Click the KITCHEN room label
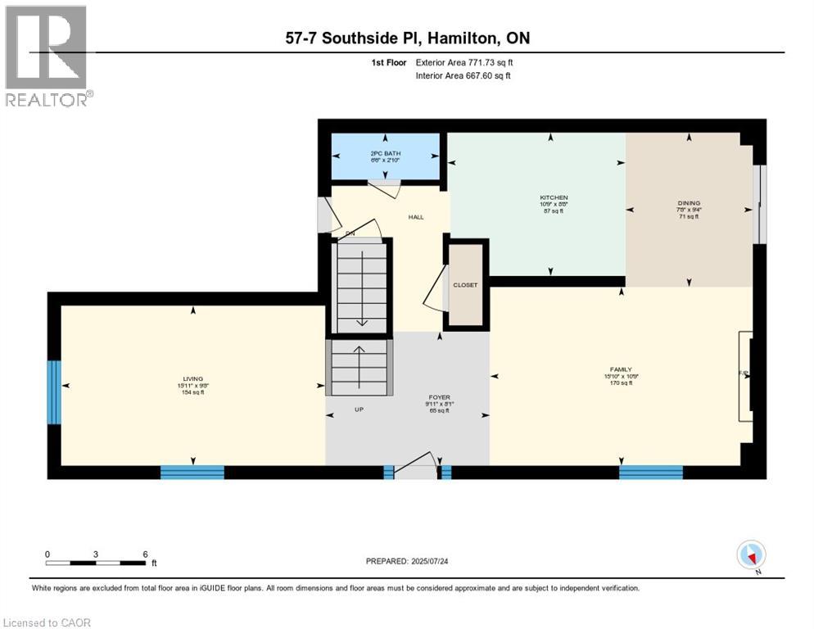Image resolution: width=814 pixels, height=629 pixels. pos(554,197)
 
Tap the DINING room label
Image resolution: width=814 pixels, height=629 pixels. pos(689,202)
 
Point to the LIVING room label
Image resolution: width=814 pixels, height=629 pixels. pos(193,379)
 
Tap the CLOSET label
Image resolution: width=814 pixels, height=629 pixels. pos(465,285)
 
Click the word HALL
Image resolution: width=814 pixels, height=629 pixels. pos(417,217)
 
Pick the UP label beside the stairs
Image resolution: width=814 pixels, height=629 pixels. pos(359,410)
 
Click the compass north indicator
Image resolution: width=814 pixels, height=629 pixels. pos(751,555)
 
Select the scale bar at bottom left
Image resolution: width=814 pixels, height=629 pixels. pos(96,563)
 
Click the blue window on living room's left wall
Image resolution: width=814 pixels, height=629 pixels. pos(54,392)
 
